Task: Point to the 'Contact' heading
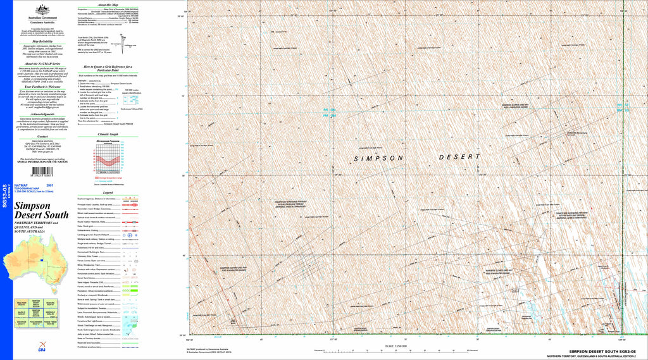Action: click(x=43, y=136)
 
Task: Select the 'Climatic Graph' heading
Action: click(x=108, y=135)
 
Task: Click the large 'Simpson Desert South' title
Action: click(x=40, y=211)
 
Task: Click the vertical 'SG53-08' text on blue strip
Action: click(x=5, y=196)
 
